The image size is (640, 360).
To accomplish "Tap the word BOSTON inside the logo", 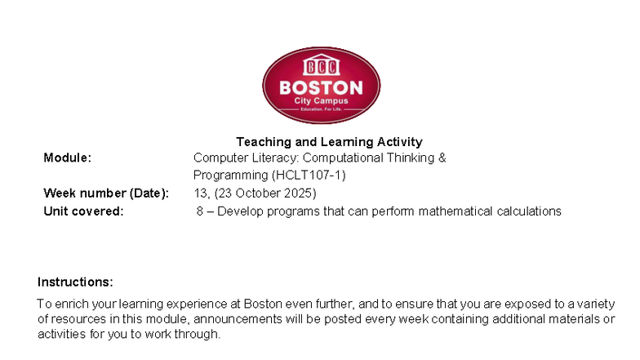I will click(321, 87).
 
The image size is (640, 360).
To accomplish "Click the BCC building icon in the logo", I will click(321, 66).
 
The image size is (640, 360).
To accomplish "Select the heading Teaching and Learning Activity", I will click(329, 142).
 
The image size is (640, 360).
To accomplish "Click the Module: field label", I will click(67, 158).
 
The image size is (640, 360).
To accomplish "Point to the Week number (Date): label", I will click(106, 193).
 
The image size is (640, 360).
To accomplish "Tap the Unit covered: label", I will click(83, 211).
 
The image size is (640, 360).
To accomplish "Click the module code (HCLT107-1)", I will click(309, 176).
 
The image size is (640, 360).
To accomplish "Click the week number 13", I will click(200, 193).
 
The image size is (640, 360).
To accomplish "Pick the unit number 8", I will click(200, 211).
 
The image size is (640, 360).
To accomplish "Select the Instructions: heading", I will click(75, 282).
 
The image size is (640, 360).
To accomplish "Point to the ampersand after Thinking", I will click(442, 158).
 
